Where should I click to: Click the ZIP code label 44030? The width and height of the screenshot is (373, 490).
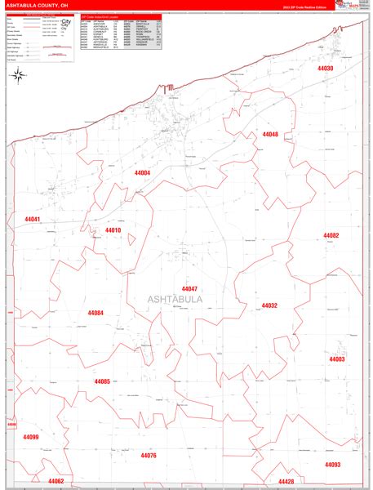click(x=325, y=69)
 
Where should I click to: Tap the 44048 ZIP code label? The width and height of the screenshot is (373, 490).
click(x=270, y=134)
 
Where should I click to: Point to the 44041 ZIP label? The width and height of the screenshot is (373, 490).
click(x=33, y=219)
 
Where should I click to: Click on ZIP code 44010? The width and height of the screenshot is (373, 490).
click(x=113, y=230)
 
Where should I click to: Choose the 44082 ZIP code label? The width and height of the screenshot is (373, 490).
click(x=331, y=235)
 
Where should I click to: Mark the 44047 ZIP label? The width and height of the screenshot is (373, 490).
click(x=190, y=289)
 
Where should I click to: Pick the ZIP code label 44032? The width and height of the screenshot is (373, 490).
click(x=269, y=305)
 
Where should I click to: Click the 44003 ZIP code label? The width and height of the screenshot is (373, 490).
click(x=336, y=359)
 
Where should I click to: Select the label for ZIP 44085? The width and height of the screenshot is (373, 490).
click(x=102, y=381)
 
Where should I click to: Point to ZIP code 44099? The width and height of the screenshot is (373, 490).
click(x=31, y=437)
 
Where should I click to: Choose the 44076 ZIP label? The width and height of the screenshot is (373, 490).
click(x=148, y=455)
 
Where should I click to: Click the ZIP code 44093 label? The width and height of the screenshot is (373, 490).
click(x=332, y=464)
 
